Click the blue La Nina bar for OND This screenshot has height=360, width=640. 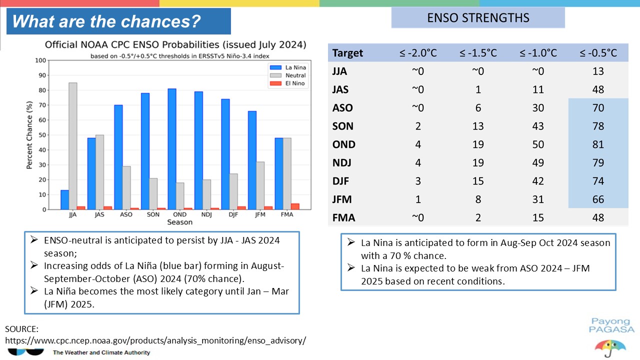click(x=172, y=149)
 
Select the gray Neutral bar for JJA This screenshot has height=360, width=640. click(x=73, y=146)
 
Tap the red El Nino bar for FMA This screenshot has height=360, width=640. click(x=295, y=206)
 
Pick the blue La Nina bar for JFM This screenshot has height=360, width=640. click(x=252, y=160)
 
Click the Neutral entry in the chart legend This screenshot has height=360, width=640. click(x=288, y=75)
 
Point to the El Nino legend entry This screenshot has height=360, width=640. click(x=287, y=83)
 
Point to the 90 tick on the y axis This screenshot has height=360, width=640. click(x=42, y=75)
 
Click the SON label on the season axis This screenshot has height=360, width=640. click(x=153, y=214)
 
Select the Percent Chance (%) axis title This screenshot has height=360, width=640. click(x=29, y=135)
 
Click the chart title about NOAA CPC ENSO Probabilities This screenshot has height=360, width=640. click(x=175, y=45)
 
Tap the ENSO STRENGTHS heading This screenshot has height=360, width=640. click(x=478, y=18)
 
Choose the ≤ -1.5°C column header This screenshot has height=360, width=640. click(x=478, y=53)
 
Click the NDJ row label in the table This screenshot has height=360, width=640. click(x=341, y=163)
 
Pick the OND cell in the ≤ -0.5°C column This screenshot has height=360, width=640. click(x=598, y=144)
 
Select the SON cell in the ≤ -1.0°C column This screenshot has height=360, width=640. click(x=538, y=126)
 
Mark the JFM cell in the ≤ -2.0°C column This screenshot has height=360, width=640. click(x=418, y=199)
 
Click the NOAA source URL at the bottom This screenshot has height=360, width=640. click(x=155, y=340)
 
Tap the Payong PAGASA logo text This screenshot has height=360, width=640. click(x=611, y=325)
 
